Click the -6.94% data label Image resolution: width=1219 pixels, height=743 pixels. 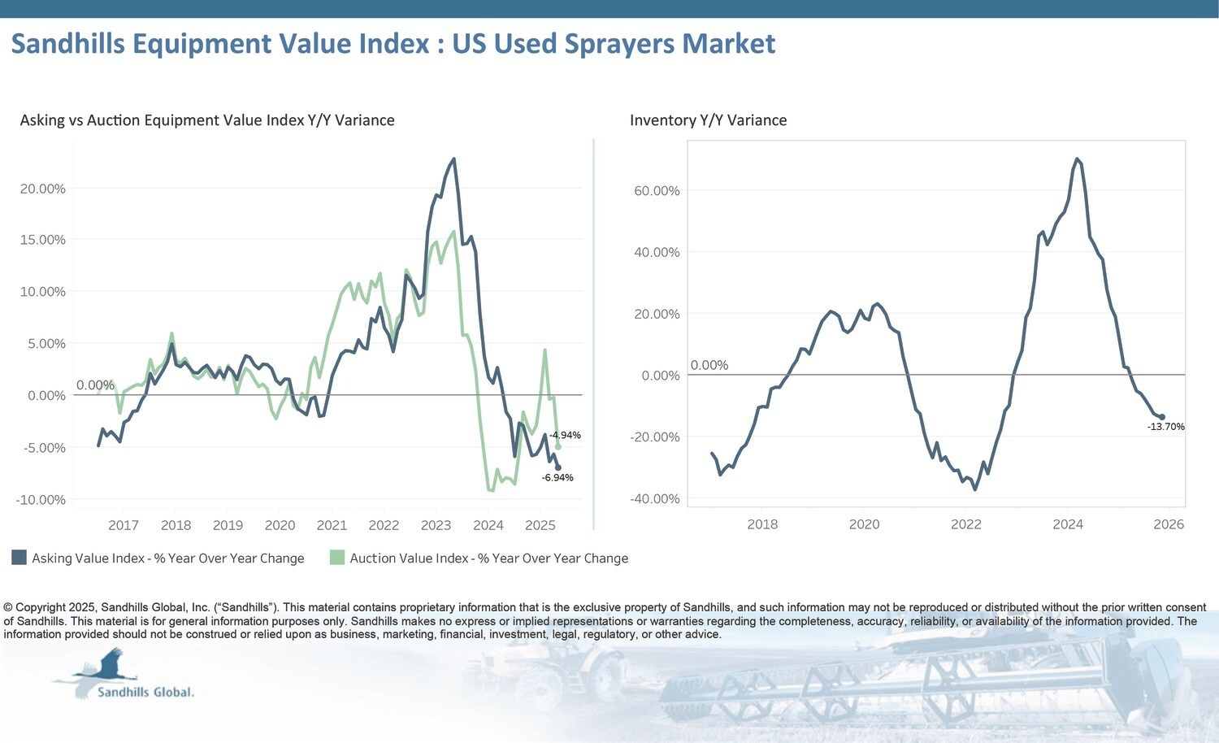557,478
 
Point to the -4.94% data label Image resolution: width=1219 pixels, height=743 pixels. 565,436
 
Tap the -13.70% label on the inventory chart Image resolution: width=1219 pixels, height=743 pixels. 1165,427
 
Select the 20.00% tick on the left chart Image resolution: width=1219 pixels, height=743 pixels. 42,189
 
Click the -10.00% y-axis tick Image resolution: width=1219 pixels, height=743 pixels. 41,500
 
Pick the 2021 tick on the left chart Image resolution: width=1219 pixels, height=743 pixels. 332,525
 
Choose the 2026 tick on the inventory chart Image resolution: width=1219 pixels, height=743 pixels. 1169,524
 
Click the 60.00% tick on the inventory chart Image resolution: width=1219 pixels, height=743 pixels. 657,191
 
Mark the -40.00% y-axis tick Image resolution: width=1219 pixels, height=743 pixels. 655,499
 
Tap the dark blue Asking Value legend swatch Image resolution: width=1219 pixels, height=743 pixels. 20,558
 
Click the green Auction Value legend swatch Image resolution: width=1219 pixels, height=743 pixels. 337,558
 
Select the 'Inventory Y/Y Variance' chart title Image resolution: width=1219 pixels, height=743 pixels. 708,120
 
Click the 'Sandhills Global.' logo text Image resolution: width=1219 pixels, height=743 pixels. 145,693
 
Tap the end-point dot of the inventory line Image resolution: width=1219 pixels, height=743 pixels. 1162,417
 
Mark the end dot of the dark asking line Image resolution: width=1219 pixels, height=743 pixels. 557,467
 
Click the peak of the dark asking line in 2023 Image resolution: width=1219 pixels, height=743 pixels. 453,159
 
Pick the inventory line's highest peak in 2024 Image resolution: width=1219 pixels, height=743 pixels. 1077,159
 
